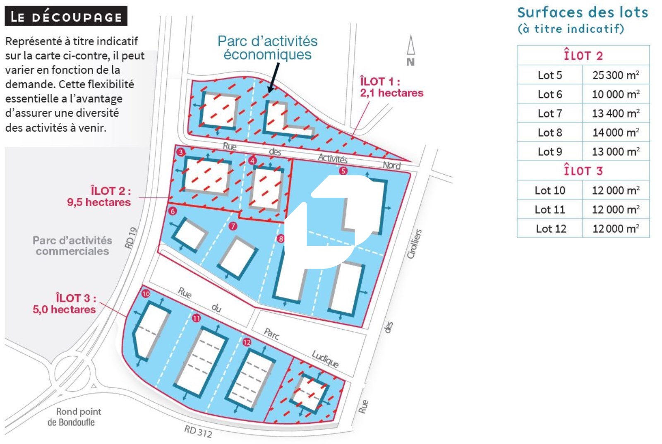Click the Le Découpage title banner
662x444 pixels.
pos(66,17)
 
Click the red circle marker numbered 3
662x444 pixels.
pos(180,152)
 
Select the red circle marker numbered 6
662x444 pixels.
pos(173,211)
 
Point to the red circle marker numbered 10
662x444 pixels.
pos(146,294)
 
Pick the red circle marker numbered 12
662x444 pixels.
pos(247,342)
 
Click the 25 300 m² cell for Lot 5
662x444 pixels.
pos(616,75)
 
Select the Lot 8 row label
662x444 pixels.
pos(550,132)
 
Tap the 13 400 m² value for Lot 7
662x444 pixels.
pos(616,113)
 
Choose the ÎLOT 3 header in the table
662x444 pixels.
pos(583,170)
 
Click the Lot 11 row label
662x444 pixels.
pos(550,209)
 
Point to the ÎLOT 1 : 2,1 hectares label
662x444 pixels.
pos(391,87)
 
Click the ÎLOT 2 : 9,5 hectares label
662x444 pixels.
pos(99,197)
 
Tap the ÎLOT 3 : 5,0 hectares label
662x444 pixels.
pos(65,304)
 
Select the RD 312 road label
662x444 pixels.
pos(198,432)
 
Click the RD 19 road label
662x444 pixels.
pos(131,238)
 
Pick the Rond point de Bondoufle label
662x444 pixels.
pos(74,417)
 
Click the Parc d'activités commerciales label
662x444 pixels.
pos(72,246)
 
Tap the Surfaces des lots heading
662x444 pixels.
pos(583,12)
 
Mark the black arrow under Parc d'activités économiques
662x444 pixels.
pos(273,77)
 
